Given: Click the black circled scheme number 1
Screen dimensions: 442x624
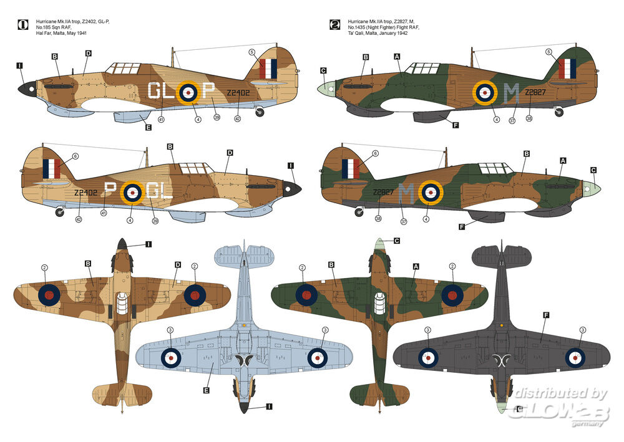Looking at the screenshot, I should pyautogui.click(x=23, y=25).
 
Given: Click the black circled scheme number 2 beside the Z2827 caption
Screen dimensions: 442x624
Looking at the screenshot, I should pyautogui.click(x=335, y=25).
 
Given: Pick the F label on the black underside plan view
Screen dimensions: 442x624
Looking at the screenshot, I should pyautogui.click(x=545, y=316).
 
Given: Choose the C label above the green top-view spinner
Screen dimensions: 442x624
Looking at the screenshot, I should pyautogui.click(x=397, y=241).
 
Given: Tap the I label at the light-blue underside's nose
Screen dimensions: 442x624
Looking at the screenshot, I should pyautogui.click(x=268, y=406).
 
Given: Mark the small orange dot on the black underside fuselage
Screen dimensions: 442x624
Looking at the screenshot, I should pyautogui.click(x=502, y=325).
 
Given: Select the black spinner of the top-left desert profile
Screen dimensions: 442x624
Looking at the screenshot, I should pyautogui.click(x=28, y=91).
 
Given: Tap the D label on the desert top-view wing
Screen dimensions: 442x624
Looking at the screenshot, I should pyautogui.click(x=178, y=265).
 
